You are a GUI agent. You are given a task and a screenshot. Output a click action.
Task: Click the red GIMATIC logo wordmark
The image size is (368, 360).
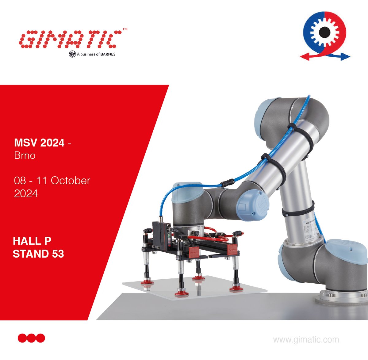click(x=69, y=39)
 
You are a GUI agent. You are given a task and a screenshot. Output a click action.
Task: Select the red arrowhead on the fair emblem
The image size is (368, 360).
click(x=303, y=56)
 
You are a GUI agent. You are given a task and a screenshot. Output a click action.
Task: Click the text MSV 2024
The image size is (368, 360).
click(x=39, y=143)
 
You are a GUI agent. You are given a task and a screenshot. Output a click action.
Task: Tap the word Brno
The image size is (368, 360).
click(x=25, y=155)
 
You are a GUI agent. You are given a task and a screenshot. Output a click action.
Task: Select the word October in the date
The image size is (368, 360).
click(x=70, y=180)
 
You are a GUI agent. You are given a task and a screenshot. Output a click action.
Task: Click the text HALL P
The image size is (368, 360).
click(x=32, y=241)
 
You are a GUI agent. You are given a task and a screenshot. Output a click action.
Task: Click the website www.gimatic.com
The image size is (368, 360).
click(x=306, y=339)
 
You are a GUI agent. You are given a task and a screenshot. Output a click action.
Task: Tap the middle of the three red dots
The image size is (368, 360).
click(x=31, y=338)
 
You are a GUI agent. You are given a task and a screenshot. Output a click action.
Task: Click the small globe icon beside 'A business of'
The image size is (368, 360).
click(x=72, y=54)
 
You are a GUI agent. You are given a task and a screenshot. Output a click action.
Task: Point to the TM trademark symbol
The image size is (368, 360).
click(x=125, y=29)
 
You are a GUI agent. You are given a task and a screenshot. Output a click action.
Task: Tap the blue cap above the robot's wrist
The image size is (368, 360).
click(x=187, y=193)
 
